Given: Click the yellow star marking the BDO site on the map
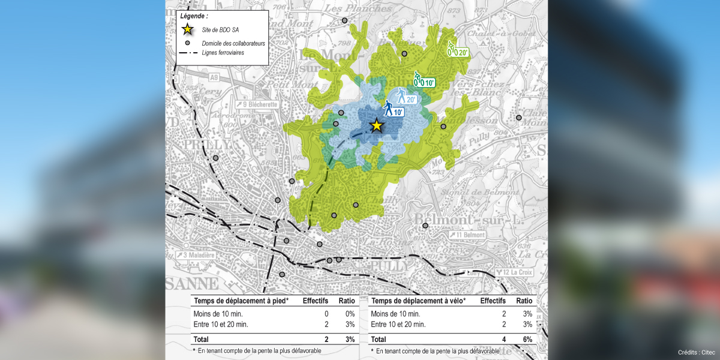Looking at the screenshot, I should point(376,125).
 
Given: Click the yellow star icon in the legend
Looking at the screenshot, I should point(188,29).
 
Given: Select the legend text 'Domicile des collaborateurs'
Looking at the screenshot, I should point(233,43).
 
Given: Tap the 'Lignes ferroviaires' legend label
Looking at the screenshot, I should point(227,53).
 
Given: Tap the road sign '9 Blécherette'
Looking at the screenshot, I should point(256,104).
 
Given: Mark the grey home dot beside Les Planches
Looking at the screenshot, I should point(345,21).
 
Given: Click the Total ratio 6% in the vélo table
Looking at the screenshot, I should point(527,340).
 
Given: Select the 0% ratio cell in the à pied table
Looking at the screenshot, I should point(349,314).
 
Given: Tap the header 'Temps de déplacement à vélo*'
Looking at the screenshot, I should point(418,301).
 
